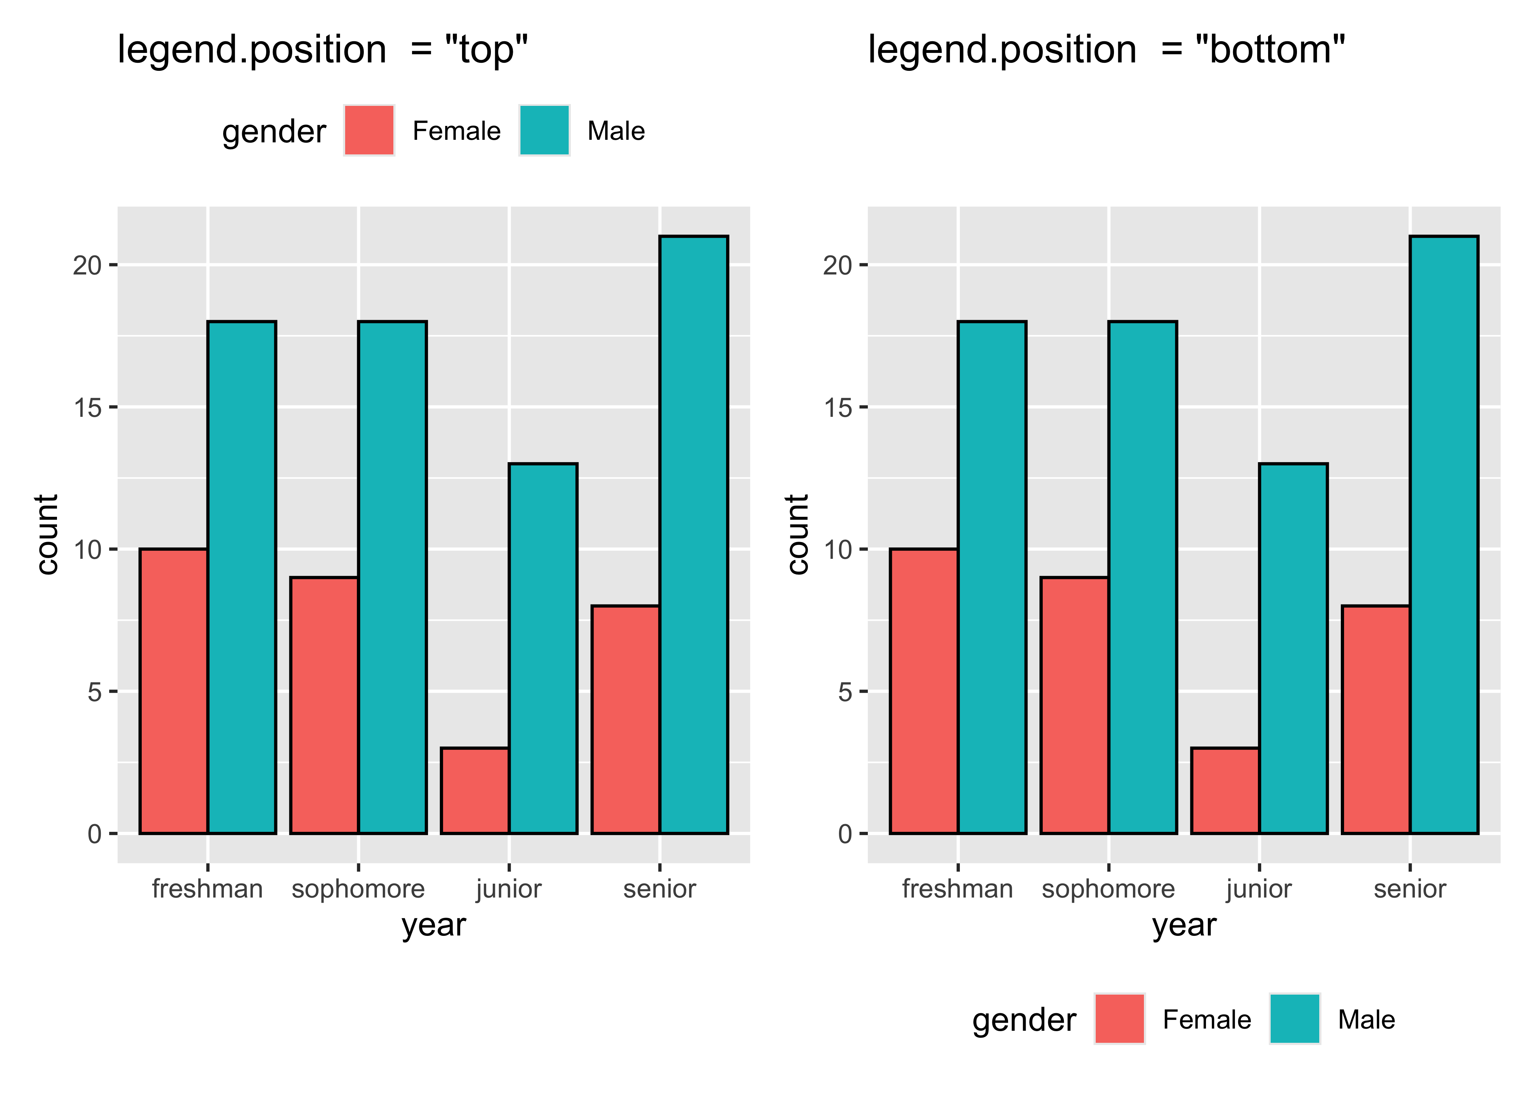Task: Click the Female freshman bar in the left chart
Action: click(173, 691)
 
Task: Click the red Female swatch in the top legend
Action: click(369, 130)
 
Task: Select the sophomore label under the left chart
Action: click(358, 889)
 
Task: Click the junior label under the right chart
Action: click(1259, 889)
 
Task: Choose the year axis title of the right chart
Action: click(1184, 925)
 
